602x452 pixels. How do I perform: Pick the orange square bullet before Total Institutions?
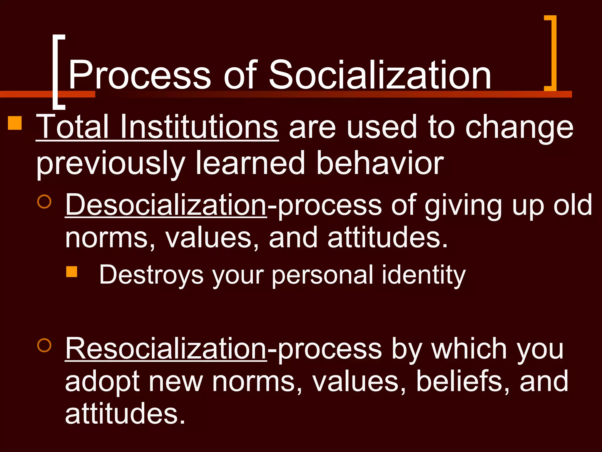click(15, 123)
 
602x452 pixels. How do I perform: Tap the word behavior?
click(380, 163)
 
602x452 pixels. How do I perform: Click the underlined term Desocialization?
click(166, 205)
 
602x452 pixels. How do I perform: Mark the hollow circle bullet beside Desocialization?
click(44, 201)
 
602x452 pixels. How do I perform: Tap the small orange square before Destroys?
click(71, 272)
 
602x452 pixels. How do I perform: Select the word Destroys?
click(151, 275)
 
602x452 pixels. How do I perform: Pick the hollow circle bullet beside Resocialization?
click(44, 345)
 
